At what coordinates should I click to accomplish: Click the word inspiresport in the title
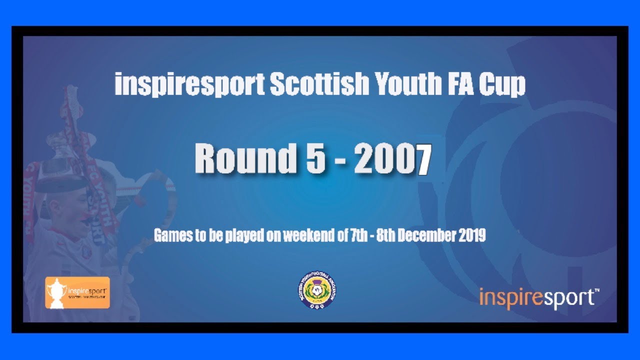(x=189, y=85)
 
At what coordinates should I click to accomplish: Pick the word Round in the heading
(x=245, y=158)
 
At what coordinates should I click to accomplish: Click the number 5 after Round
(x=316, y=158)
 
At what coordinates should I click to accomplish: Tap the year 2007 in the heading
(x=393, y=158)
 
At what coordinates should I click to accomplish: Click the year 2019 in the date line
(x=473, y=236)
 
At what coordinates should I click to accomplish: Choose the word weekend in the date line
(x=304, y=236)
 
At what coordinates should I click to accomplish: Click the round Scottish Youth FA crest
(x=317, y=290)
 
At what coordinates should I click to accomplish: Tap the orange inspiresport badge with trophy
(x=77, y=292)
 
